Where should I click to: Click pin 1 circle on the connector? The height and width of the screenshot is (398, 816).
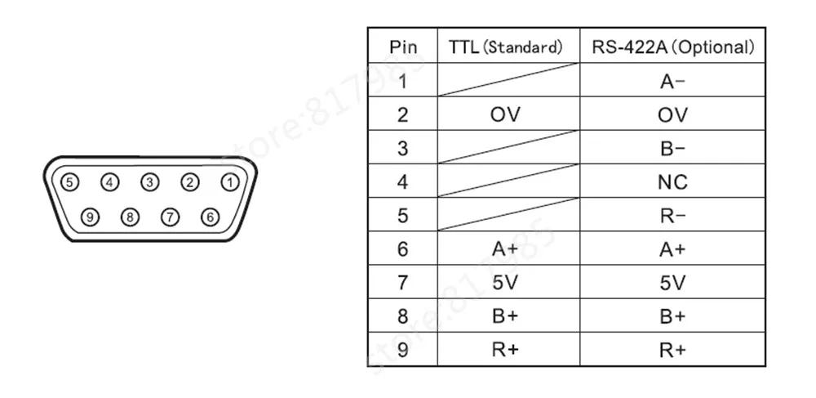[x=231, y=182]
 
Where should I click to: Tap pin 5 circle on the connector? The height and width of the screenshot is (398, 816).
[x=70, y=182]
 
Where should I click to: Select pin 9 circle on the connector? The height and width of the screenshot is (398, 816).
[x=90, y=217]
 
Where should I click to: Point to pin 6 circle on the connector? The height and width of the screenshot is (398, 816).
[x=211, y=217]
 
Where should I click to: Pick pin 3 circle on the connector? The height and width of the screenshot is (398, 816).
[x=150, y=182]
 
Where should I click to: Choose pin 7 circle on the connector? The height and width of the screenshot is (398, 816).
[x=170, y=217]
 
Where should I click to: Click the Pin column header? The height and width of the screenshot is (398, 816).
[x=402, y=47]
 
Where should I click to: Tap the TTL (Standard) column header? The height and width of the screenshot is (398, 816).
[x=507, y=47]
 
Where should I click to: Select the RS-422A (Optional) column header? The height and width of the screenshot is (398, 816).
[x=672, y=47]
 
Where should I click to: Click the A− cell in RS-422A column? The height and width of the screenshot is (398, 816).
[x=672, y=81]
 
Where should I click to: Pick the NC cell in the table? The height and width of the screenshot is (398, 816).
[x=672, y=181]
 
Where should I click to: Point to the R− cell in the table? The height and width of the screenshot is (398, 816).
[x=672, y=215]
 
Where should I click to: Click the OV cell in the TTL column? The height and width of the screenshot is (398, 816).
[x=506, y=114]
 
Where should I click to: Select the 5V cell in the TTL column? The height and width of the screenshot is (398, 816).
[x=506, y=282]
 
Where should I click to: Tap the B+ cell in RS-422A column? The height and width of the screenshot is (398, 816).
[x=672, y=315]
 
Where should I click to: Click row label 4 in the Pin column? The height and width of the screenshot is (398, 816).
[x=402, y=181]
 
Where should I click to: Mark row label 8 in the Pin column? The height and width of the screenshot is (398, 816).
[x=402, y=315]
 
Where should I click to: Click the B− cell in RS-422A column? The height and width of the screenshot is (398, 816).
[x=672, y=148]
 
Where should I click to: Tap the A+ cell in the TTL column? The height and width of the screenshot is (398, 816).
[x=506, y=248]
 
